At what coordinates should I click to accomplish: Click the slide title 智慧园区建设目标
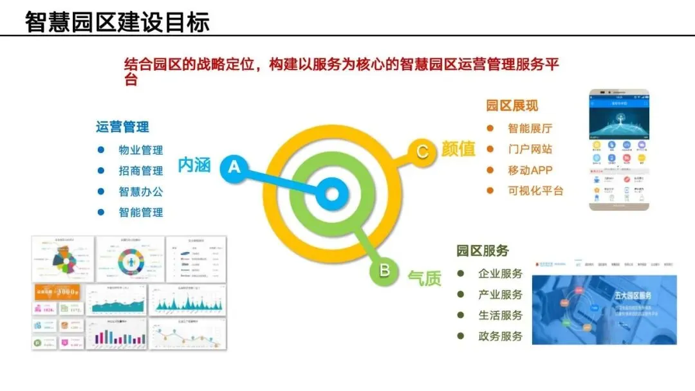click(117, 22)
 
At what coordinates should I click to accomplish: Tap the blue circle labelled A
click(234, 168)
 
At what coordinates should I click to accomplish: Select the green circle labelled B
click(384, 271)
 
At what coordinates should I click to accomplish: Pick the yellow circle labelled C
click(422, 152)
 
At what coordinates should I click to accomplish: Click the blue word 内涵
click(194, 165)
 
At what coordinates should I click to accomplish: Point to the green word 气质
click(425, 278)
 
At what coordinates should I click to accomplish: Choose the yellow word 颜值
click(458, 149)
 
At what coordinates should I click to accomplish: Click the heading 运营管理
click(122, 127)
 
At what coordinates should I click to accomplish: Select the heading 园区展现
click(512, 105)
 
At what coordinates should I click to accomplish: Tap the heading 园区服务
click(483, 251)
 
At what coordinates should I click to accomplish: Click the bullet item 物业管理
click(141, 150)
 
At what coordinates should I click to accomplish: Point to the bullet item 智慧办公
click(141, 192)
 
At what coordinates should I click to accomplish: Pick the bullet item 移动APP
click(530, 170)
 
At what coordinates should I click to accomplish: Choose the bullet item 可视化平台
click(535, 190)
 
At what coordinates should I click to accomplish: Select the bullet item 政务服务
click(500, 336)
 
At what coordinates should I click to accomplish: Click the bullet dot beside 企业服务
click(461, 274)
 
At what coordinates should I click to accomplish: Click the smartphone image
click(620, 149)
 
